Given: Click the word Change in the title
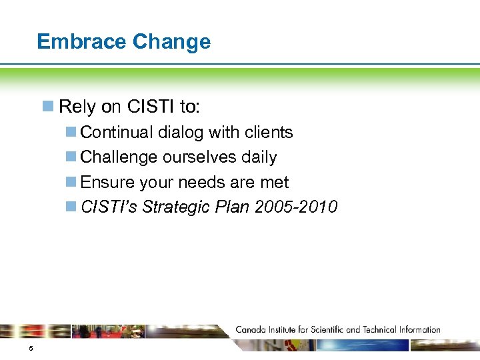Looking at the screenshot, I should point(171,41).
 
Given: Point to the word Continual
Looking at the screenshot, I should point(117,133).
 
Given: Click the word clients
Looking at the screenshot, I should point(269,133).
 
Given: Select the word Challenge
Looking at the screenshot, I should point(117,157).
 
